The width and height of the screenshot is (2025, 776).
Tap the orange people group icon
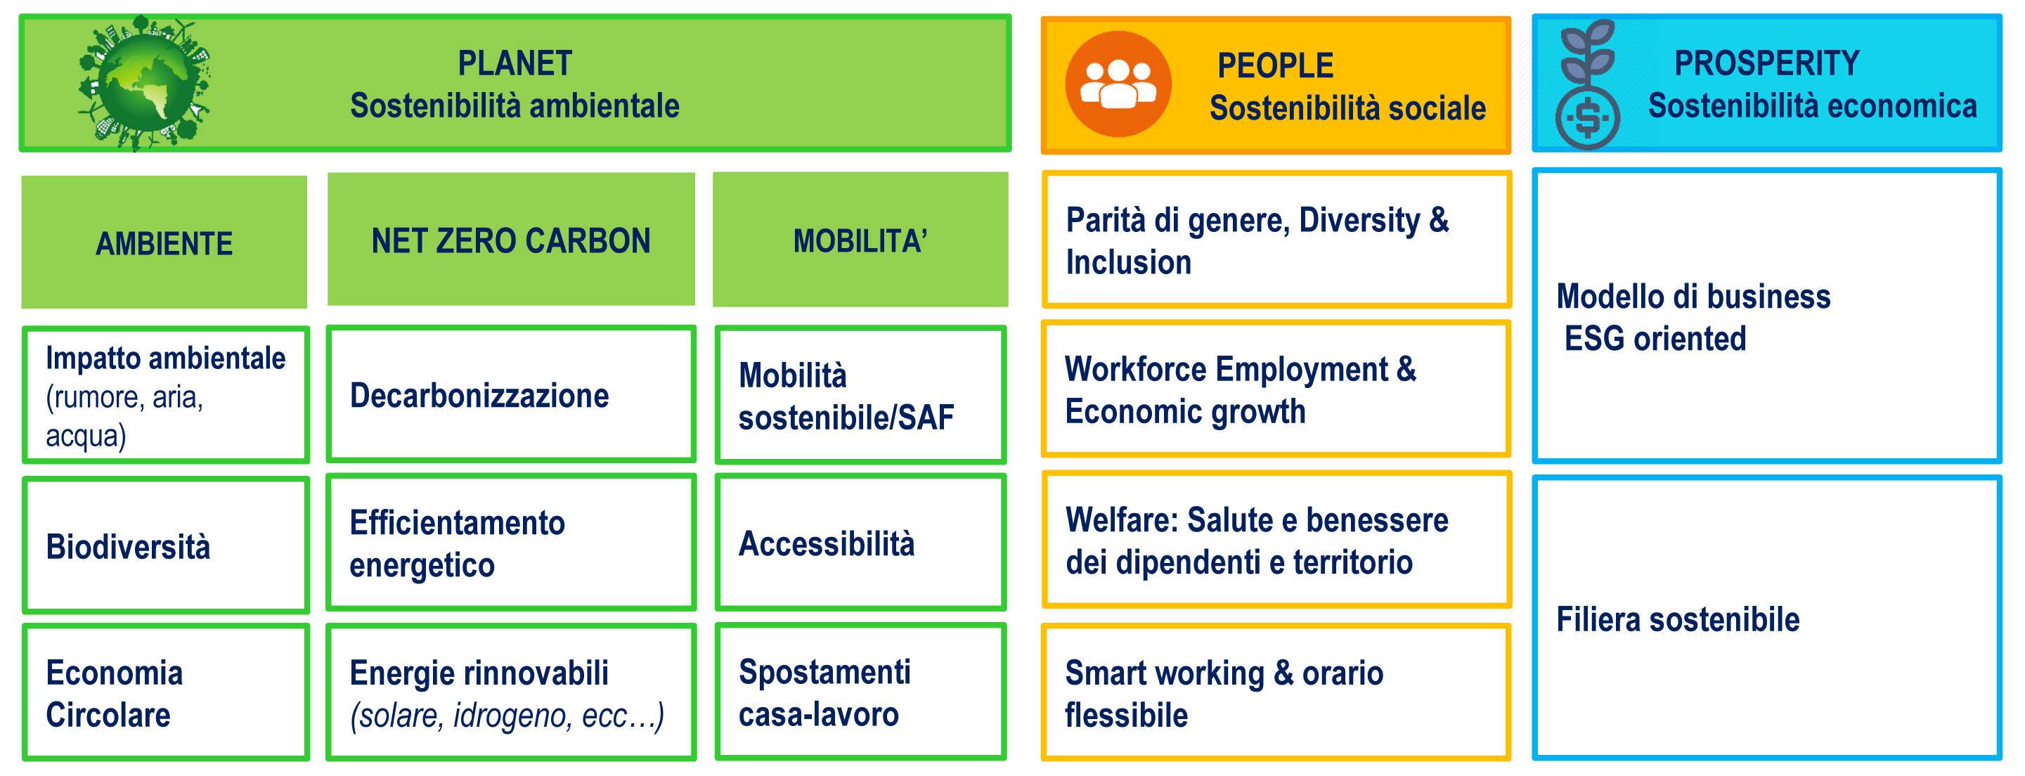click(x=1118, y=84)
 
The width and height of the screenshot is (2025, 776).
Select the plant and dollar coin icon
click(x=1587, y=85)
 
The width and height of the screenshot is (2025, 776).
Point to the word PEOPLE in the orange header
click(x=1275, y=66)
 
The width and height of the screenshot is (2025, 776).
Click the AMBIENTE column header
click(x=164, y=243)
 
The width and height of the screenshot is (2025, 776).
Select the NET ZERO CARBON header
click(x=511, y=240)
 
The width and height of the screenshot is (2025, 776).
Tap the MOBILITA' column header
click(x=860, y=240)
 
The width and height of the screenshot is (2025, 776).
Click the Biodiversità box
click(x=166, y=545)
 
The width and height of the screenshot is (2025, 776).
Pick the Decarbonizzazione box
click(x=511, y=395)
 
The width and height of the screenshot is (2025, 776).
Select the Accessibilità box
click(x=860, y=543)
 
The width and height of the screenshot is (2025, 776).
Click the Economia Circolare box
click(x=166, y=692)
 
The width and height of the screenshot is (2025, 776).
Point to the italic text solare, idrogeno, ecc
click(x=507, y=716)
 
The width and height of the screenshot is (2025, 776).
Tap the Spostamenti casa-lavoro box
click(x=860, y=692)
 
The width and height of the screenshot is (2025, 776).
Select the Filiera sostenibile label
click(x=1678, y=619)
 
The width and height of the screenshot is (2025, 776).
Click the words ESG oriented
click(x=1655, y=339)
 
